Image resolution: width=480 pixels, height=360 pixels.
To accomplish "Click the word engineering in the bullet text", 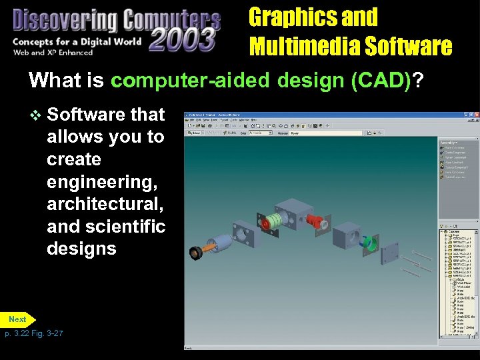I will coord(97,182).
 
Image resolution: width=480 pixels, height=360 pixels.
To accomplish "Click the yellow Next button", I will coord(18,319).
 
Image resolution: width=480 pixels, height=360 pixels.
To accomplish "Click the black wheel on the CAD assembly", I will coord(197,252).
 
